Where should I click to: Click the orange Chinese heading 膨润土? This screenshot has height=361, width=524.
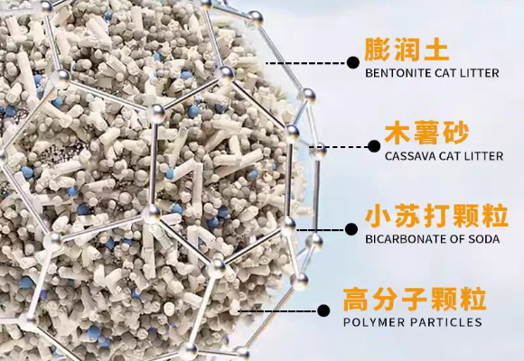click(407, 50)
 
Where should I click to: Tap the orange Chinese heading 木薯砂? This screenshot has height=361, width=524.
click(426, 134)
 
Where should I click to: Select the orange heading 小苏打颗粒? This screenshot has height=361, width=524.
click(436, 217)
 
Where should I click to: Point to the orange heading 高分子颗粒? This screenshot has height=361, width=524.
click(415, 300)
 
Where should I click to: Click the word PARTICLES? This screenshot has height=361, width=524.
click(446, 322)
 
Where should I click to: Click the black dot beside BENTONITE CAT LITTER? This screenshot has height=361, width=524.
click(353, 62)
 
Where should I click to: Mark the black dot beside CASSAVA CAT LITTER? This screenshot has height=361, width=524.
click(374, 146)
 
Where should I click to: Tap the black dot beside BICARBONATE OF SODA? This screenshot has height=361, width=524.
click(351, 229)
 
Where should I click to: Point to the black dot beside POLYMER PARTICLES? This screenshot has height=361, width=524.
click(323, 310)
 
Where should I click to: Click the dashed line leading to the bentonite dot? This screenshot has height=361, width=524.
click(306, 63)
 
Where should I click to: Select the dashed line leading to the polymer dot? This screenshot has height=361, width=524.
click(277, 311)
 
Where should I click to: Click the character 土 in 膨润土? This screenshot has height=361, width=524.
click(436, 51)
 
